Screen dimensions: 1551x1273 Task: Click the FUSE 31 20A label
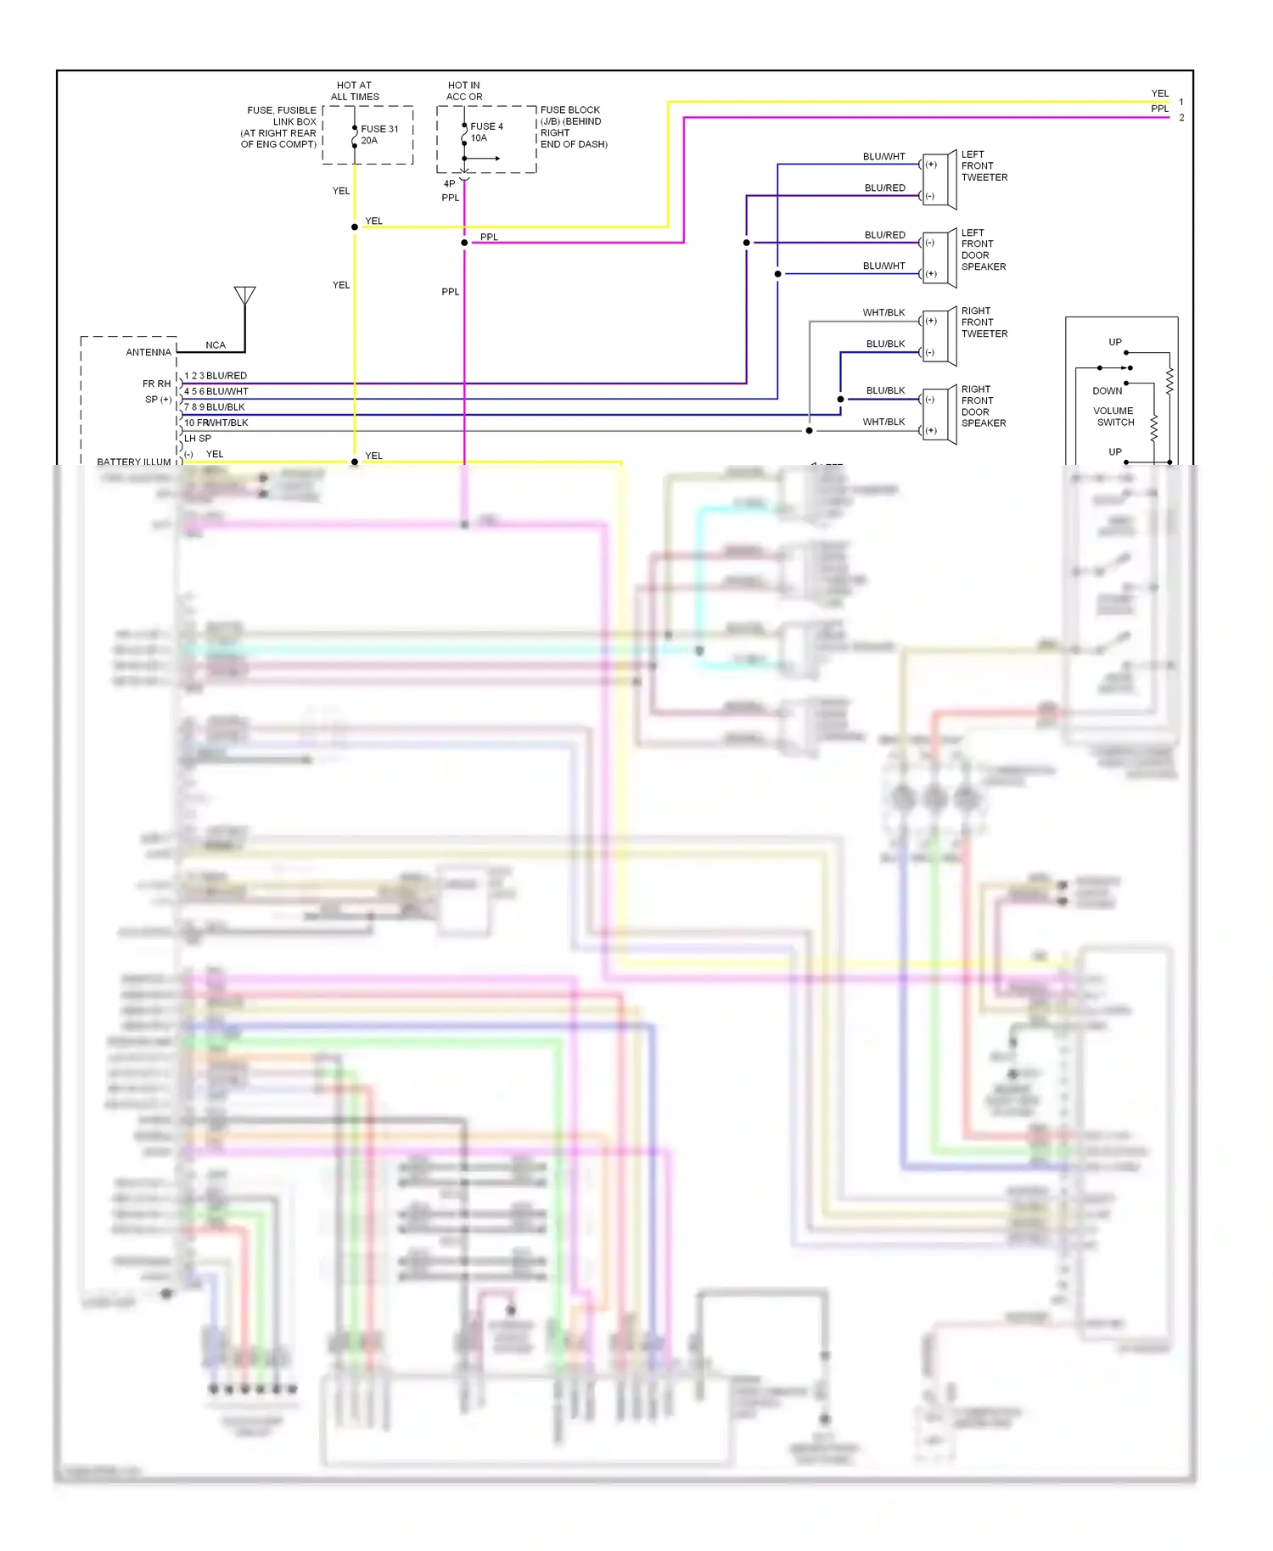[379, 135]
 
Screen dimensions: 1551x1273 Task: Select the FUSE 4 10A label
[485, 132]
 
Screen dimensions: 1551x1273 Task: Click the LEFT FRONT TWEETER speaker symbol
[941, 180]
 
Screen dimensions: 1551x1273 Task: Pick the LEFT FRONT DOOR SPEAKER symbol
[941, 258]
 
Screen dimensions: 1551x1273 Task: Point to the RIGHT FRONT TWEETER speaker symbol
[941, 336]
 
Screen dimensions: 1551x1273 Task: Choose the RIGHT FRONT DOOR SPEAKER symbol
[941, 414]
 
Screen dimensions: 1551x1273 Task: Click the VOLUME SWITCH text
[1113, 417]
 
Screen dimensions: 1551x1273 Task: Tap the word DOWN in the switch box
[1107, 391]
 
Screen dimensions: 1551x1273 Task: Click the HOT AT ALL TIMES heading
[355, 91]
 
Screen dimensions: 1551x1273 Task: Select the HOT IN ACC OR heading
[464, 91]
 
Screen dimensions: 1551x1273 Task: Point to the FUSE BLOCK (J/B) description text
[574, 127]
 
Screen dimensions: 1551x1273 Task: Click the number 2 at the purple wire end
[1181, 118]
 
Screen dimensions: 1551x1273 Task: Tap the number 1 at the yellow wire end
[1181, 103]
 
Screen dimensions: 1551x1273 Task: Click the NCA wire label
[216, 345]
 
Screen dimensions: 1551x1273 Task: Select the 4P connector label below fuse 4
[449, 183]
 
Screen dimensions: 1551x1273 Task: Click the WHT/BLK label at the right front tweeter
[883, 313]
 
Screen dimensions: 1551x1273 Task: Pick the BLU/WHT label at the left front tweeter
[883, 157]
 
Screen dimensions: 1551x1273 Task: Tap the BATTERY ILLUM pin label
[133, 462]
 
